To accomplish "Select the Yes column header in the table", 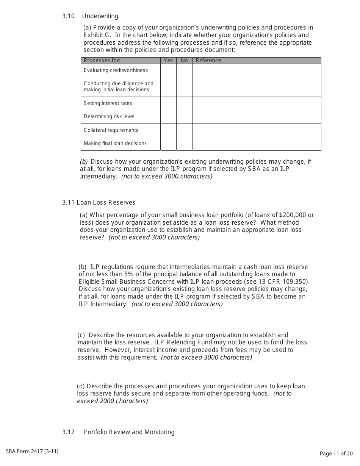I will tap(168, 60).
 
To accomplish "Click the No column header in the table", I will tap(184, 60).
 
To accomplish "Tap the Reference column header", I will tap(208, 60).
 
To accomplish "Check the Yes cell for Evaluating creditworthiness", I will tap(168, 70).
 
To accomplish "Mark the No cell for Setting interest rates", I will tap(184, 103).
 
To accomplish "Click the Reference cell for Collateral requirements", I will tap(257, 130).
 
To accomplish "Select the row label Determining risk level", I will tap(109, 117).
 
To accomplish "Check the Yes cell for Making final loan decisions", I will tap(168, 144).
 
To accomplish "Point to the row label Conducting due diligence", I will tap(118, 86).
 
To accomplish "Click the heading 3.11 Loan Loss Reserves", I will tap(99, 202).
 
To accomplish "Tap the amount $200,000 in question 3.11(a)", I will tap(292, 215).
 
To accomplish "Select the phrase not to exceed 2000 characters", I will tap(112, 401).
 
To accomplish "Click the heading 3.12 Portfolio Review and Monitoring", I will tap(118, 432).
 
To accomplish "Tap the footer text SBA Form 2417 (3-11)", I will tap(32, 451).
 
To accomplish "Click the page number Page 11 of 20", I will tap(336, 453).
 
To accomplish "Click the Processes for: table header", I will tap(102, 60).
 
